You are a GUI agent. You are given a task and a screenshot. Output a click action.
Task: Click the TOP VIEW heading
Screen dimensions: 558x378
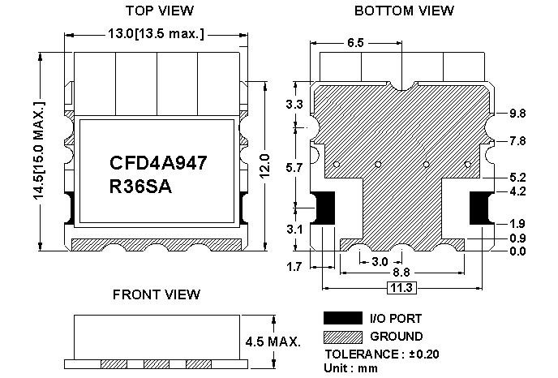pyautogui.click(x=160, y=11)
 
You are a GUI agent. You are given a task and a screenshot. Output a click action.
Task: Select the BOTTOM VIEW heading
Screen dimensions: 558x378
pyautogui.click(x=404, y=11)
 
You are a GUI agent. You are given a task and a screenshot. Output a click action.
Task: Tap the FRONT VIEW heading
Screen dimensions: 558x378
pyautogui.click(x=157, y=294)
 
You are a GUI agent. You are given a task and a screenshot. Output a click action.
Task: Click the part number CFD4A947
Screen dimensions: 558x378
pyautogui.click(x=158, y=163)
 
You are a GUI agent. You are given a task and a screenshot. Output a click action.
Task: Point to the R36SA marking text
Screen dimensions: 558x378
pyautogui.click(x=140, y=187)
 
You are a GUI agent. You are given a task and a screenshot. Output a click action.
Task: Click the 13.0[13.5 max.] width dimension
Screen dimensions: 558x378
pyautogui.click(x=157, y=34)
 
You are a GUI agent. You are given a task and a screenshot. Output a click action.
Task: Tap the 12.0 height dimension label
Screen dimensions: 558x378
pyautogui.click(x=264, y=165)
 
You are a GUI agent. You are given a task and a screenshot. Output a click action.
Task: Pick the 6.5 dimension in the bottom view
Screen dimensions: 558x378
pyautogui.click(x=355, y=43)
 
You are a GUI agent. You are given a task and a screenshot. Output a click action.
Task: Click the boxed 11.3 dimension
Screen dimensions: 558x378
pyautogui.click(x=401, y=288)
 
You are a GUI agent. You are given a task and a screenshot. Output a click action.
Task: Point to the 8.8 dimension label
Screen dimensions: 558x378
pyautogui.click(x=401, y=273)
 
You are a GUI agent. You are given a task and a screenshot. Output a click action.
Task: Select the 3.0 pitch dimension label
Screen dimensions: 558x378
pyautogui.click(x=380, y=262)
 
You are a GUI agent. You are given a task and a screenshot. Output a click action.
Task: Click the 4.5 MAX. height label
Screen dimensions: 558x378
pyautogui.click(x=273, y=341)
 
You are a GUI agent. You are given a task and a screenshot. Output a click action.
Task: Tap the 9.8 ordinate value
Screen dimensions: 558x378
pyautogui.click(x=517, y=114)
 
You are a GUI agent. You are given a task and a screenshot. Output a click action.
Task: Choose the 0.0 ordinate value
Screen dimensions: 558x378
pyautogui.click(x=517, y=251)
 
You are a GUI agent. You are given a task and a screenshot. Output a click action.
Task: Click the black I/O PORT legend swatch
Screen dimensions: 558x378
pyautogui.click(x=343, y=318)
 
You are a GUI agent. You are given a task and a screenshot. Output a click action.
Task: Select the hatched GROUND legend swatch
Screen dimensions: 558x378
pyautogui.click(x=343, y=337)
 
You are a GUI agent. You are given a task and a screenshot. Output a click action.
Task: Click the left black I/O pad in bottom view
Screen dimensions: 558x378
pyautogui.click(x=324, y=208)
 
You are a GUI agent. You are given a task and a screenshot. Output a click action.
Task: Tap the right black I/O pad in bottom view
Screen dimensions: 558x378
pyautogui.click(x=481, y=208)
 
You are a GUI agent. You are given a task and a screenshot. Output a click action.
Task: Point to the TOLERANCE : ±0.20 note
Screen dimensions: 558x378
pyautogui.click(x=382, y=354)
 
